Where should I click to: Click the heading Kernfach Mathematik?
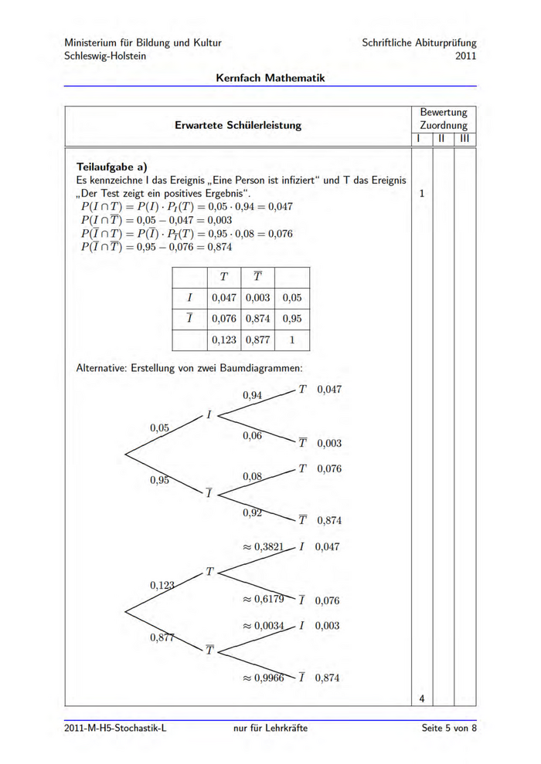pos(270,78)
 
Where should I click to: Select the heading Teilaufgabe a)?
pos(112,166)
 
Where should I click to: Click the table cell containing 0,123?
pos(223,339)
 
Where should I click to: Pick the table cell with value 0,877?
pos(257,339)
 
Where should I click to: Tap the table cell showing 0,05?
pos(291,297)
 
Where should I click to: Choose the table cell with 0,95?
pos(291,318)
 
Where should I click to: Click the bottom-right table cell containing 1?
pos(291,339)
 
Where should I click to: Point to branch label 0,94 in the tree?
pos(253,395)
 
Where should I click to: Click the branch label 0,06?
pos(253,436)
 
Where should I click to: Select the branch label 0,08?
pos(253,477)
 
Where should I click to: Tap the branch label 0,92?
pos(253,512)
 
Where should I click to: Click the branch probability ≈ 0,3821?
pos(264,546)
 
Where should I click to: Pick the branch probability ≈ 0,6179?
pos(264,599)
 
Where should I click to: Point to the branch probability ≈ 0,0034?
pos(264,626)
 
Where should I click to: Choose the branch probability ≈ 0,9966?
pos(264,678)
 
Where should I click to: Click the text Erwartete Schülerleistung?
pos(238,125)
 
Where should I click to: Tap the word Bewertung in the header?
pos(444,113)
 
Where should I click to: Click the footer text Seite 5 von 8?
pos(449,728)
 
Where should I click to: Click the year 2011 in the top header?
pos(465,56)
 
